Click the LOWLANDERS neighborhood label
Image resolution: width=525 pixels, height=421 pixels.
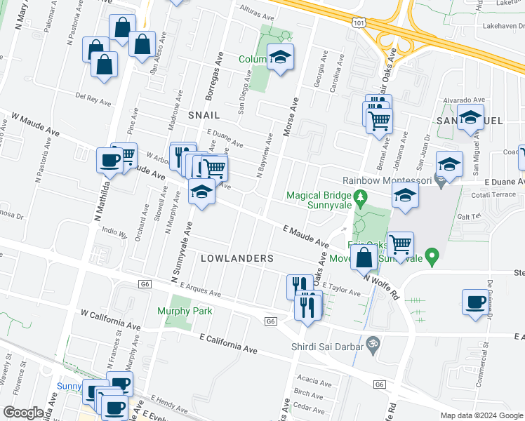click(237, 258)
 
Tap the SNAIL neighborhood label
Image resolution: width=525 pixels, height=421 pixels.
click(204, 114)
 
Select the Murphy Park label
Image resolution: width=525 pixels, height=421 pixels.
click(185, 310)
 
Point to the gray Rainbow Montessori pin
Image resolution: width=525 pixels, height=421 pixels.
click(439, 182)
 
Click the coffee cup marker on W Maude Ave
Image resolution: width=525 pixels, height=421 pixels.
click(111, 160)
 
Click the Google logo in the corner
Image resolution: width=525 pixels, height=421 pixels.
click(22, 413)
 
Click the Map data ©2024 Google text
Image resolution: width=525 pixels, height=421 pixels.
click(481, 415)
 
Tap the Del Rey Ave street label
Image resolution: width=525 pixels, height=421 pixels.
click(93, 98)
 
